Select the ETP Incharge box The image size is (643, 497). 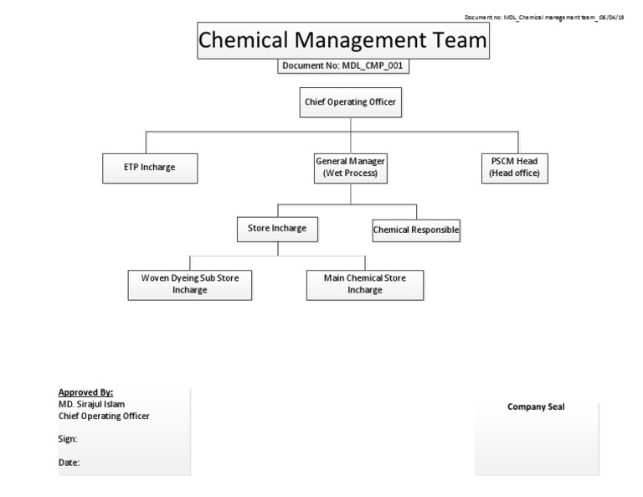click(x=150, y=168)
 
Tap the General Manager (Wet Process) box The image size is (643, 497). click(x=351, y=168)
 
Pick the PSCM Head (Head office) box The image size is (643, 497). click(x=515, y=168)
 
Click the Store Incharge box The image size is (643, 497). click(x=277, y=228)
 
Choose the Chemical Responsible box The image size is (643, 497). click(x=416, y=229)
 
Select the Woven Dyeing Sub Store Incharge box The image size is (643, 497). click(x=189, y=284)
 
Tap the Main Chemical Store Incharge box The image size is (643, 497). click(x=364, y=284)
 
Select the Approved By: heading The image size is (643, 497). click(x=85, y=392)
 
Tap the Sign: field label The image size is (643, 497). click(x=68, y=438)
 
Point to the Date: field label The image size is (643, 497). click(x=69, y=462)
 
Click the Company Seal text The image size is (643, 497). click(x=536, y=407)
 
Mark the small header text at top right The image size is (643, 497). click(x=544, y=18)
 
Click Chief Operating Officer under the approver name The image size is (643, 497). click(x=105, y=416)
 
